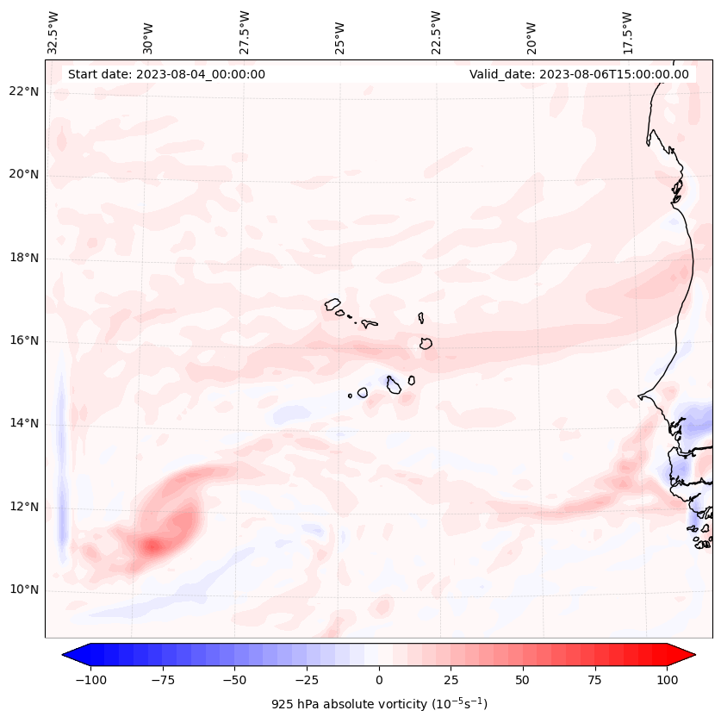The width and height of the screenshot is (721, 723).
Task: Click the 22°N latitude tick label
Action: point(25,91)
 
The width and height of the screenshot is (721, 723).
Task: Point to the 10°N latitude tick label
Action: point(25,590)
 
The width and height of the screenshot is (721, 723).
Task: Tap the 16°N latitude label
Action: point(25,341)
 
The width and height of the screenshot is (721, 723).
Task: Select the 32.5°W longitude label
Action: point(53,32)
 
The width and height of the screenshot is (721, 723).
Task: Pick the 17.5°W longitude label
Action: point(627,32)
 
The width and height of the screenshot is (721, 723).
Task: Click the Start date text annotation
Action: point(166,74)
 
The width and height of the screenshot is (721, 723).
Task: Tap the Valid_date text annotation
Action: point(579,74)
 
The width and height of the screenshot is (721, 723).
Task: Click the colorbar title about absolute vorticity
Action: point(379,704)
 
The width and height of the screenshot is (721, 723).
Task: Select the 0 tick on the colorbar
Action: point(379,680)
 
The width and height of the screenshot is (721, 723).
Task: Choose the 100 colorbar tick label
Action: point(667,680)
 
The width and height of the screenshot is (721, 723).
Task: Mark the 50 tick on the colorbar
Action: point(523,680)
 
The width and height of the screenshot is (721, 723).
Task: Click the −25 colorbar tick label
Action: point(307,680)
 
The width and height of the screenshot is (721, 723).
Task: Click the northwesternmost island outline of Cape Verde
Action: point(333,303)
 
